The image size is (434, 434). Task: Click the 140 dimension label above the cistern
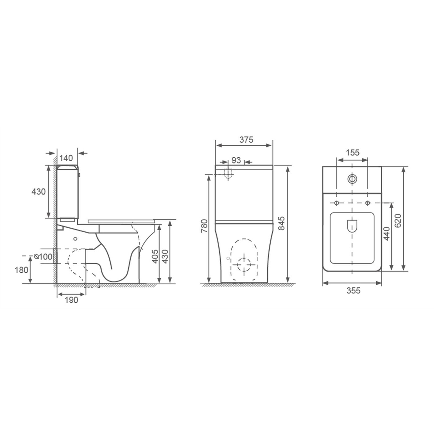click(67, 158)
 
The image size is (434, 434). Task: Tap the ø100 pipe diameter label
click(43, 256)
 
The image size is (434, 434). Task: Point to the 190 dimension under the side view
click(71, 300)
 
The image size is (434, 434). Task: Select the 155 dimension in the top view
click(352, 152)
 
